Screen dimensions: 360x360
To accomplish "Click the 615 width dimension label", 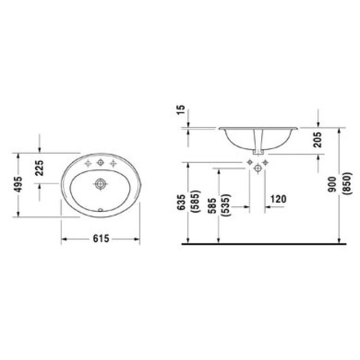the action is pyautogui.click(x=101, y=239).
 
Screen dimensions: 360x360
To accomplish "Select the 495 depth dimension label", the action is pyautogui.click(x=18, y=184).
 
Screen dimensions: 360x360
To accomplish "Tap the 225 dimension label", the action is pyautogui.click(x=39, y=168).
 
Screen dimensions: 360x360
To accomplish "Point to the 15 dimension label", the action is pyautogui.click(x=181, y=110).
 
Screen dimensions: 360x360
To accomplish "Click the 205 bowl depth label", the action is pyautogui.click(x=317, y=139).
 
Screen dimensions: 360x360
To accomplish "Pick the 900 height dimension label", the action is pyautogui.click(x=332, y=184).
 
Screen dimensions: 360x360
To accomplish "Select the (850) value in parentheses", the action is pyautogui.click(x=347, y=184).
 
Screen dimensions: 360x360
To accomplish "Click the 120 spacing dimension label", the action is pyautogui.click(x=278, y=199).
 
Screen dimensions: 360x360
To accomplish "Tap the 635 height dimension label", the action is pyautogui.click(x=181, y=202).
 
